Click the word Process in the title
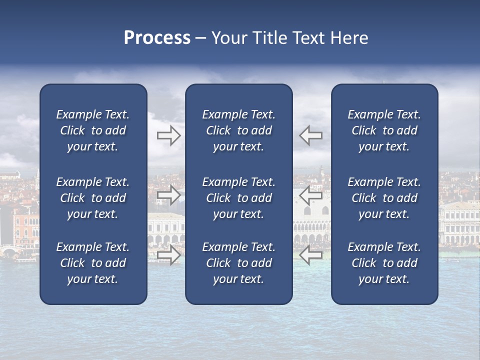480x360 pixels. [157, 38]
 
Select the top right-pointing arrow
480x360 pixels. [169, 135]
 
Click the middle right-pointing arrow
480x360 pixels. [169, 195]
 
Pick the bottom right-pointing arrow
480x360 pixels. [169, 255]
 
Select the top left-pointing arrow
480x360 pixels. [310, 135]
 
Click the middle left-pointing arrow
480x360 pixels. [310, 195]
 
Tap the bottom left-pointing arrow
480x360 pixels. [310, 255]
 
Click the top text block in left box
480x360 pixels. [93, 130]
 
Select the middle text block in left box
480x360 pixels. [93, 198]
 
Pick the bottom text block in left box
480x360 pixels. [93, 263]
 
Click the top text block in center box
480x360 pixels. [238, 130]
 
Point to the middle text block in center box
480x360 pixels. [238, 198]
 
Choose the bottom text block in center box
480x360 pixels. [238, 263]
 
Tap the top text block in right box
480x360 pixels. [384, 130]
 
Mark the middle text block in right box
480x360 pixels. [384, 198]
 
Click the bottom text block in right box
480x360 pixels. [384, 263]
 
